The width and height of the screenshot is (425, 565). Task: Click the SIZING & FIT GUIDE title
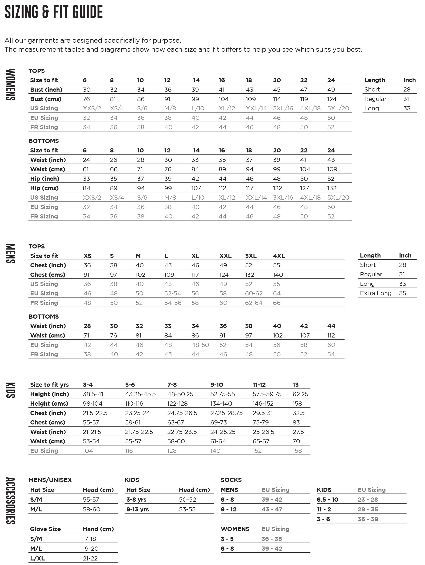tap(54, 12)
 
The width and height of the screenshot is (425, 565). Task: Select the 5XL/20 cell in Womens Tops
tap(338, 108)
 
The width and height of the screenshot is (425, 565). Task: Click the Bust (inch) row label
tap(46, 90)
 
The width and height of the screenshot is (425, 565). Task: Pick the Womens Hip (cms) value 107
tap(196, 188)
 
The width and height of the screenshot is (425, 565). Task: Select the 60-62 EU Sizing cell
tap(254, 294)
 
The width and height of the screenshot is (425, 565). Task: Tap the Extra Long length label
tap(375, 293)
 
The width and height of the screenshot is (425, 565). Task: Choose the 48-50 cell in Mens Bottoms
tap(200, 345)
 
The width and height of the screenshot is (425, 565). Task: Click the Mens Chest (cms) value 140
tap(278, 275)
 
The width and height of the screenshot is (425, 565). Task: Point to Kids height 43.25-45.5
tap(140, 394)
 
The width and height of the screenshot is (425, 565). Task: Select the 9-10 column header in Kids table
tap(216, 385)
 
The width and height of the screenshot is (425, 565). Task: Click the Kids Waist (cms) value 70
tap(296, 441)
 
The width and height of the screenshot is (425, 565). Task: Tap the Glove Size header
tap(45, 529)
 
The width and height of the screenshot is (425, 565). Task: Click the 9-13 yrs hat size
tap(137, 509)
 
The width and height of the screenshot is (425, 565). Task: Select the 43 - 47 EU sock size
tap(272, 509)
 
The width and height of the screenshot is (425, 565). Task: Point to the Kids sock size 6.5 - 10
tap(327, 500)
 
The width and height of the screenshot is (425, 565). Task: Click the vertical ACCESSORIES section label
tap(10, 501)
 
